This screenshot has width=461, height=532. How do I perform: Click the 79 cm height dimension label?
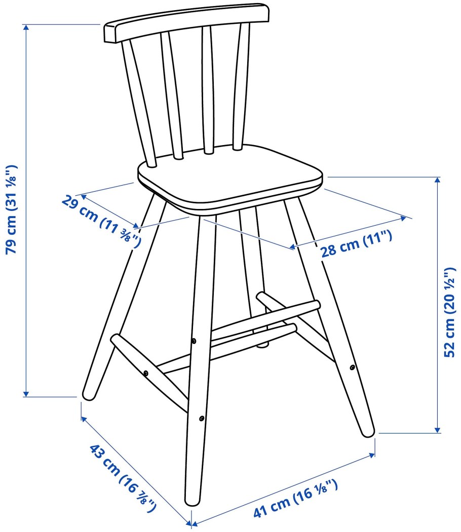[11, 209]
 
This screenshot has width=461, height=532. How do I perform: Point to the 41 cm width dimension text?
[295, 498]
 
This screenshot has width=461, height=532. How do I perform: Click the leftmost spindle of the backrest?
[139, 103]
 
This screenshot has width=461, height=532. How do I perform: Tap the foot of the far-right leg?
[367, 432]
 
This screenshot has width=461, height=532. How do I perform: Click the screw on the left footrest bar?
[146, 373]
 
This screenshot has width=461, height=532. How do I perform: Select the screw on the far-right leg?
[353, 367]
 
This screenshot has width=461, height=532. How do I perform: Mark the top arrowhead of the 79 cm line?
[26, 27]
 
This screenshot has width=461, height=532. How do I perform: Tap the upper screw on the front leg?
[194, 341]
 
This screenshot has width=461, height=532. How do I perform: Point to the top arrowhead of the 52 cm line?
[438, 180]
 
